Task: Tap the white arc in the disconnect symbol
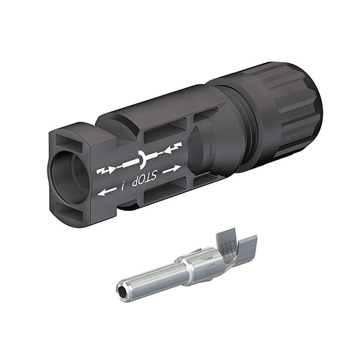[142, 159]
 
